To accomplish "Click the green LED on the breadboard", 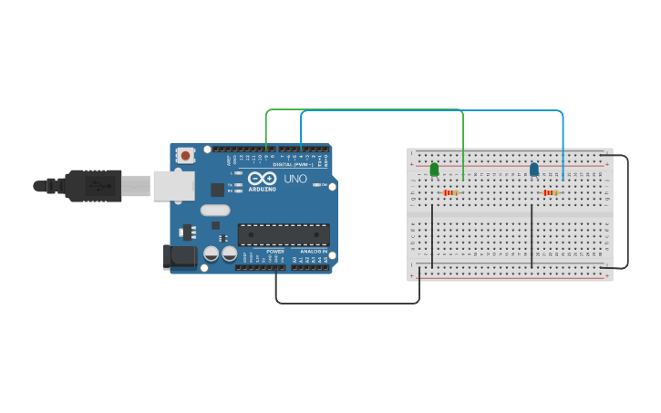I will point(434,169).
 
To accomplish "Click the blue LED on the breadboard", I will point(534,169).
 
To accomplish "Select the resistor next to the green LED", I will point(449,192).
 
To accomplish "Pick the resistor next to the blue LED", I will point(550,192).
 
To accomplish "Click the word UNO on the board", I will point(295,179).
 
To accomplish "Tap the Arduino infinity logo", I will point(262,179).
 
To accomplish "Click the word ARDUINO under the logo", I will point(262,189).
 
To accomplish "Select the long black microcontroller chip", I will point(284,234).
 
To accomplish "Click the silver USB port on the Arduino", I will point(173,186).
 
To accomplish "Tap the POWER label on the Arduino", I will point(275,251).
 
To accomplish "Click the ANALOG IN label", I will point(313,251).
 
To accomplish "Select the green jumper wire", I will point(365,110).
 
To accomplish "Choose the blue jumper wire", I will point(429,111).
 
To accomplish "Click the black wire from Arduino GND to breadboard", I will point(346,303).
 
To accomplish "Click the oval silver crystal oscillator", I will point(215,211).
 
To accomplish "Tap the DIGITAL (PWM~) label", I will point(294,165).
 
